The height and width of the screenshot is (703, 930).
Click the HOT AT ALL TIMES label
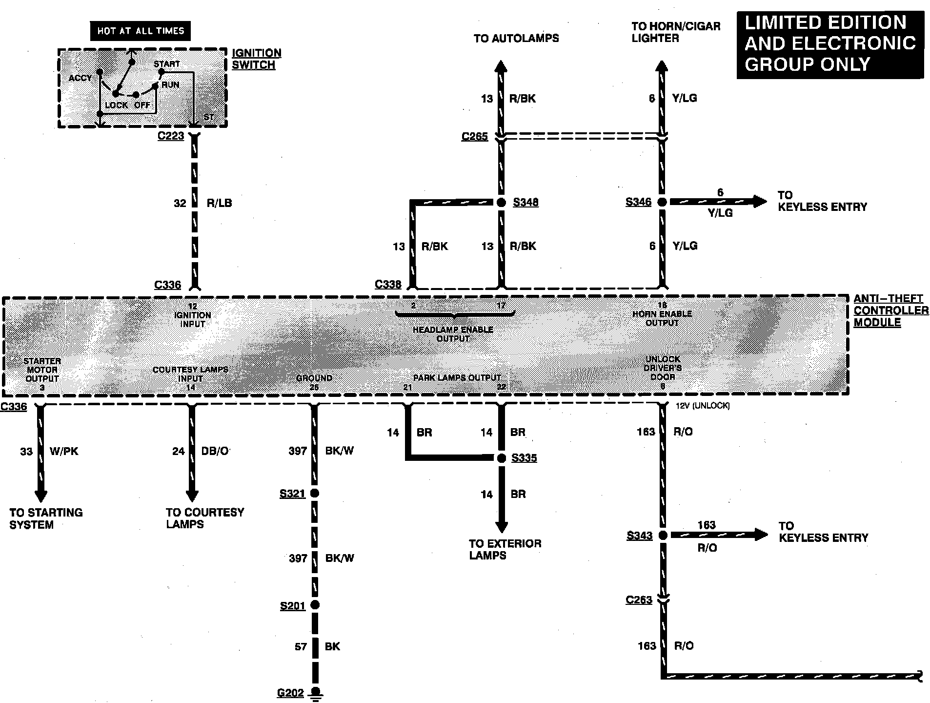141,31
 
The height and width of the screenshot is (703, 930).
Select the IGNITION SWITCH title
256,59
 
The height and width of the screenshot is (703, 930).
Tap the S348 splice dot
501,202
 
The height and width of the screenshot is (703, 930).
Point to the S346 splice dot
662,202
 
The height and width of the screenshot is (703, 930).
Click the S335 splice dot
501,458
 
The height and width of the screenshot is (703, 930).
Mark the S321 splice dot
315,493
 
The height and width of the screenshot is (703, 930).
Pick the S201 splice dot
315,605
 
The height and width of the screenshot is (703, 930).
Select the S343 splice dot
663,536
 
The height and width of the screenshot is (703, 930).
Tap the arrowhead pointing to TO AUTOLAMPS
501,66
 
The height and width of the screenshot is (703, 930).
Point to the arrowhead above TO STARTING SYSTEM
40,495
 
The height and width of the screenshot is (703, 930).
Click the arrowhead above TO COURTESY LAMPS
192,495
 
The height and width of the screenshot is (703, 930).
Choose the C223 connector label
171,136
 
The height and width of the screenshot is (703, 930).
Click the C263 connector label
639,600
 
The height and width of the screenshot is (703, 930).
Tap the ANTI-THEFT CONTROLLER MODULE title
890,310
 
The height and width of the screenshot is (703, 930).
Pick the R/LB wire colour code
219,203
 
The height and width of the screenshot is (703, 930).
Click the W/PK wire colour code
64,451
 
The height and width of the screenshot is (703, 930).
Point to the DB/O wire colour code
215,451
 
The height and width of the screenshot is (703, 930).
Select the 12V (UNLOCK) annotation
703,406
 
